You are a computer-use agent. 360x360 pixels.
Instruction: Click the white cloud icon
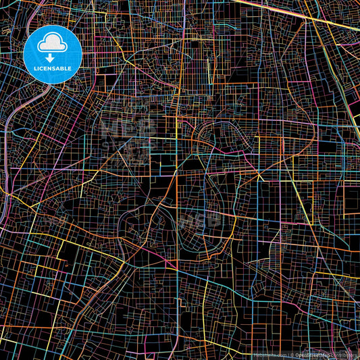click(x=53, y=45)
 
